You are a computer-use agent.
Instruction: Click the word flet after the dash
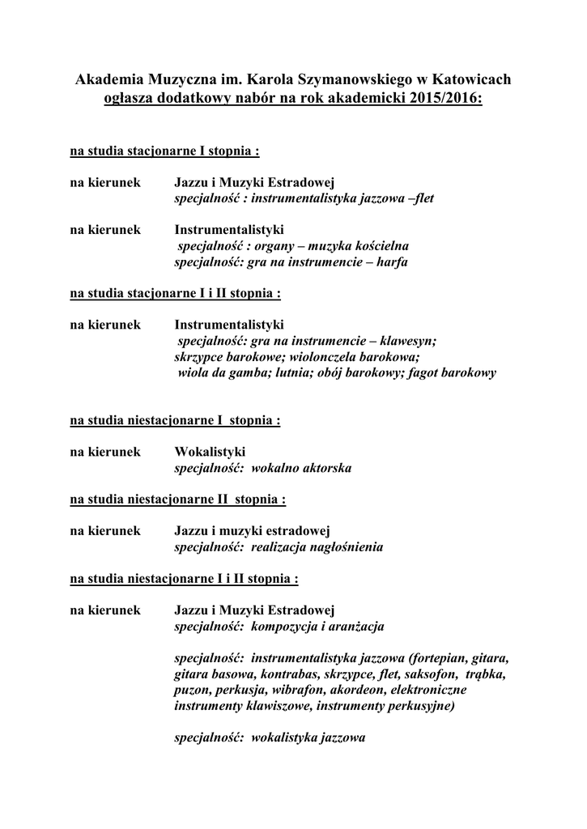point(423,198)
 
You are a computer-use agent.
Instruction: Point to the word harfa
point(393,262)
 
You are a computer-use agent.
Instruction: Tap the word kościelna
point(382,245)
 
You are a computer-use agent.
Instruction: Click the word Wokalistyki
point(210,452)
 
